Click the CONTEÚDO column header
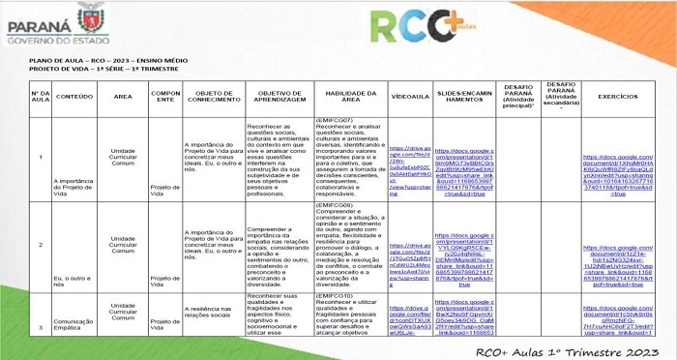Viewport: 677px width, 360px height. [74, 97]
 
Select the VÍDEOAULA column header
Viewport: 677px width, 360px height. [410, 97]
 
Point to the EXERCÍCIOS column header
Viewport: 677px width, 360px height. [618, 97]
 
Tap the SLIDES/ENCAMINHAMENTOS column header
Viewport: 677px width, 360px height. [465, 97]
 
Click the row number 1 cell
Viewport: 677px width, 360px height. [40, 157]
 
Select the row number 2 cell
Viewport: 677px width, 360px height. [40, 244]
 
